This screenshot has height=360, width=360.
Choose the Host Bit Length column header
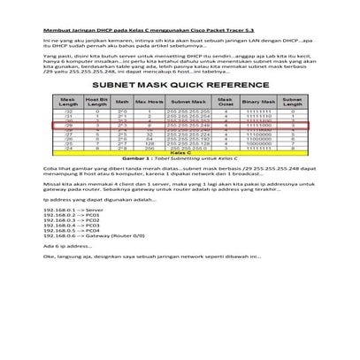point(96,103)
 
